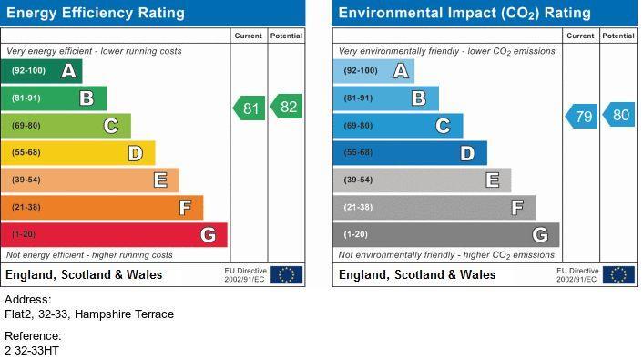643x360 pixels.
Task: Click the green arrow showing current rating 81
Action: coord(250,108)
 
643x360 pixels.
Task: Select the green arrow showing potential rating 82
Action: coord(287,107)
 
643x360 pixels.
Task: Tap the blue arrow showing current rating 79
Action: coord(581,116)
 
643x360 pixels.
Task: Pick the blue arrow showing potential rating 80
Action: coord(618,115)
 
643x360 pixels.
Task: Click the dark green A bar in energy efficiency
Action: coord(41,71)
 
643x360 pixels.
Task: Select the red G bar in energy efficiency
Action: coord(114,235)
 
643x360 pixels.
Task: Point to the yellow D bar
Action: coord(78,153)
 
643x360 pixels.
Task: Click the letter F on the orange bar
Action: coord(186,208)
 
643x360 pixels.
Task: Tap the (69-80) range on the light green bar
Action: coord(26,126)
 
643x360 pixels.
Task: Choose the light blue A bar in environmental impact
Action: coord(373,71)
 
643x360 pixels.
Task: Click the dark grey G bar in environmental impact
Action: coord(446,235)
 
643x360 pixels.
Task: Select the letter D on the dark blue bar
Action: coord(467,153)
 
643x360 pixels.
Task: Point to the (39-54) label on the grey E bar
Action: coord(359,180)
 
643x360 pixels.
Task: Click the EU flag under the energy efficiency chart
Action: coord(287,275)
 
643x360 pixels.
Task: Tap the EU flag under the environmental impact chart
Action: coord(618,275)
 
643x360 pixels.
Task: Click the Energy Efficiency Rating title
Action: coord(96,13)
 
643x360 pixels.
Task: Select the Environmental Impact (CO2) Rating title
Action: coord(464,13)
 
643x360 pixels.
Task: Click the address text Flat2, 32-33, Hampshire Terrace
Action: coord(89,314)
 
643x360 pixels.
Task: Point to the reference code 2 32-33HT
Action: coord(32,351)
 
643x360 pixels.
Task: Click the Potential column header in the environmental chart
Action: coord(618,36)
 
